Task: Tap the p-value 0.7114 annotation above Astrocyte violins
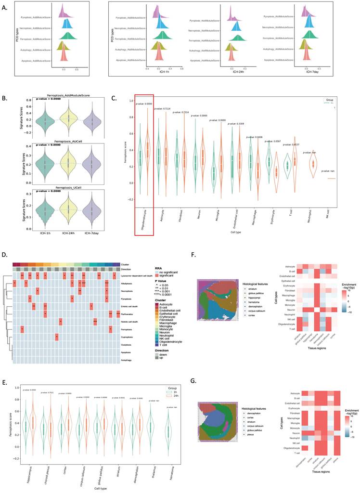tap(164, 109)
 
